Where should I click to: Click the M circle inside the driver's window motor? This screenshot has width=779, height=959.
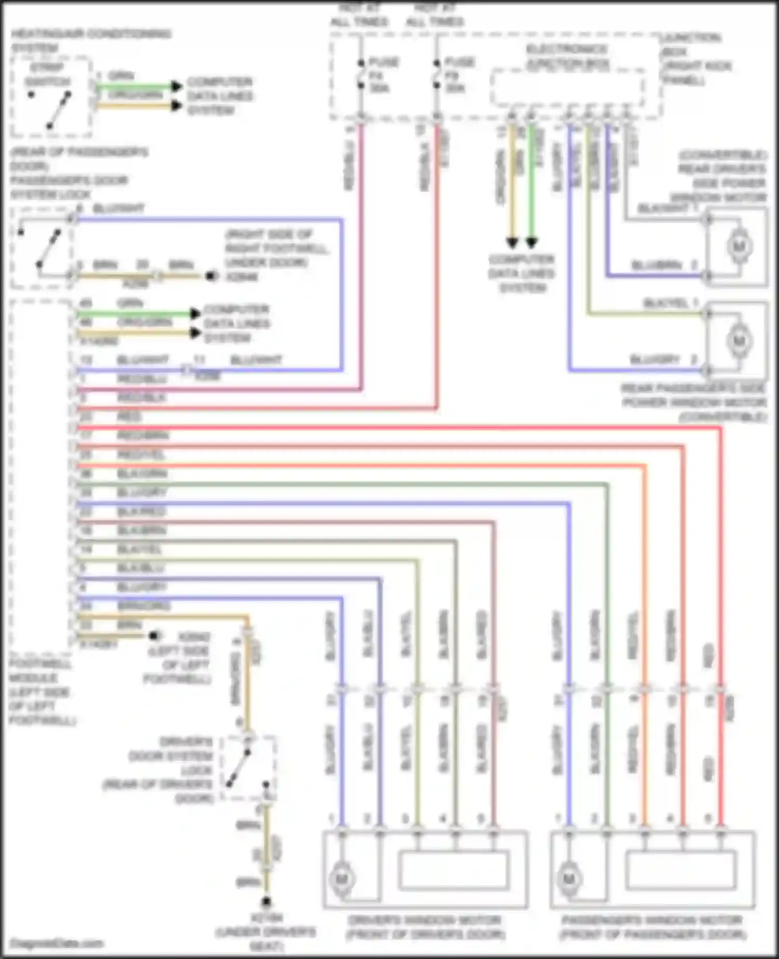(342, 878)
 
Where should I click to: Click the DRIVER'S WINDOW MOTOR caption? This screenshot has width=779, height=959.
(425, 927)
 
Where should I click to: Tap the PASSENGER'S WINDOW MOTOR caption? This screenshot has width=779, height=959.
(653, 927)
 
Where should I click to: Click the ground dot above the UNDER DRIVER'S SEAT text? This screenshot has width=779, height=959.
(267, 901)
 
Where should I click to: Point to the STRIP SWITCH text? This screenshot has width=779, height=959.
(47, 75)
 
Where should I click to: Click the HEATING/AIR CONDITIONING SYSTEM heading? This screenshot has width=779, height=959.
(91, 41)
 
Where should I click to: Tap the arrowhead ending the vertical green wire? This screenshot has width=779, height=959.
(531, 243)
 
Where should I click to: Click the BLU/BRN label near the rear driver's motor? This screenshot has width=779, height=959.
(656, 265)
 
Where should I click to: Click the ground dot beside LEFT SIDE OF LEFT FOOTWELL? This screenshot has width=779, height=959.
(154, 636)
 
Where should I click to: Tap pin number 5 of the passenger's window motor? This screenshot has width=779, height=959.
(708, 819)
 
